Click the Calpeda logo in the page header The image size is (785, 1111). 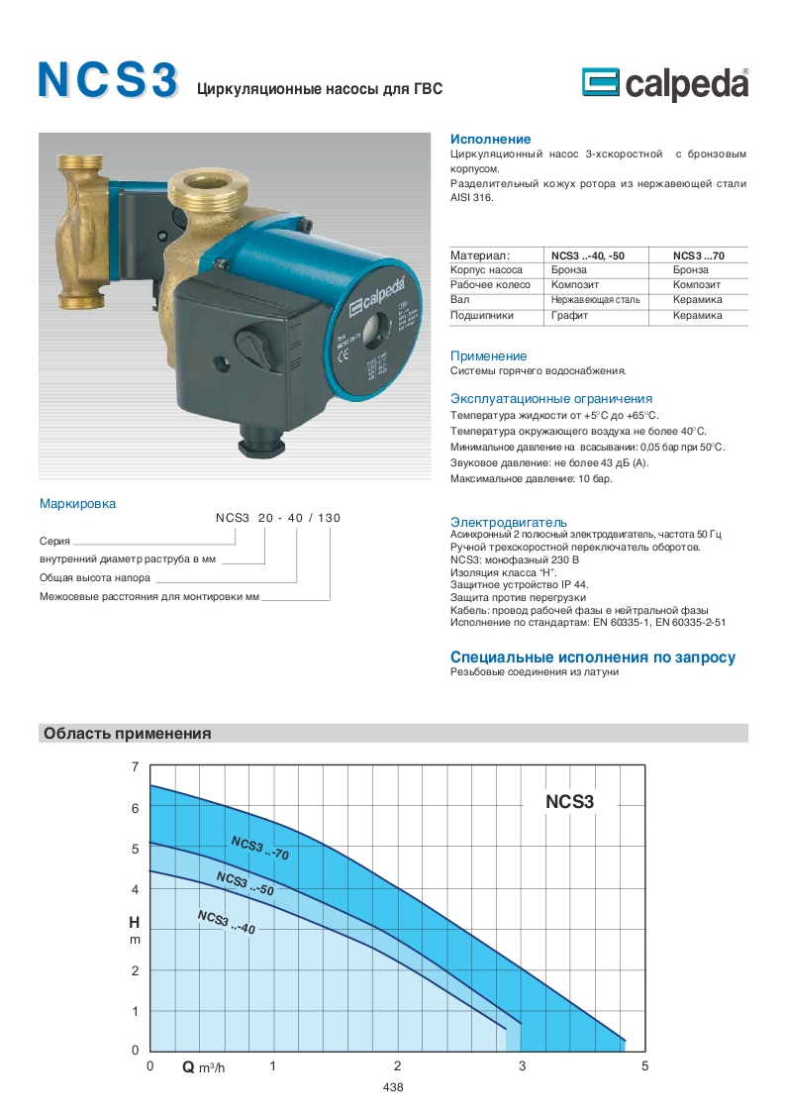[665, 85]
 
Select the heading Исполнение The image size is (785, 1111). [490, 140]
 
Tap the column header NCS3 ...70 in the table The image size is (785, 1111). [697, 254]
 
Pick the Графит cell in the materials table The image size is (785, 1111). [570, 316]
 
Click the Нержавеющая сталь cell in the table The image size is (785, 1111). [595, 300]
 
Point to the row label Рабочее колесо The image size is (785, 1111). [488, 285]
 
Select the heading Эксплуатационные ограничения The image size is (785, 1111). [551, 398]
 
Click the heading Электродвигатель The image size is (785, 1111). [509, 522]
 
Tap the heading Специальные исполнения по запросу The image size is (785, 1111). [593, 657]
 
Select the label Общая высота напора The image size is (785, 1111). [95, 577]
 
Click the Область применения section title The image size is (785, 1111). [127, 734]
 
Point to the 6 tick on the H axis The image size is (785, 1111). [136, 808]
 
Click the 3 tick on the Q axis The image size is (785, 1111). [522, 1066]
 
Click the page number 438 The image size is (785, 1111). [392, 1087]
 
